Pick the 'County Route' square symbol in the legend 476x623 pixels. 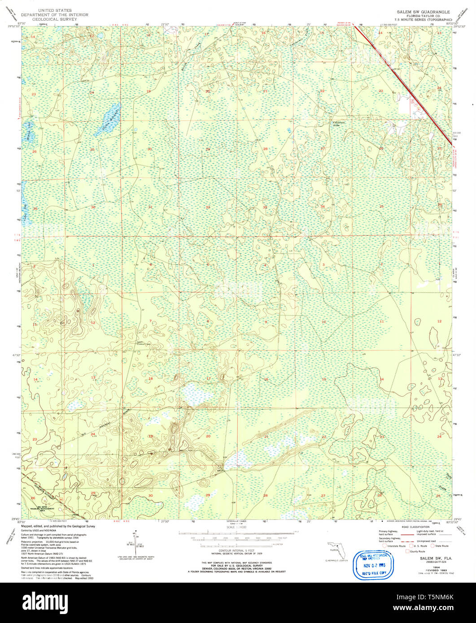(407, 551)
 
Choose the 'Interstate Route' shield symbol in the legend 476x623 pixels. (383, 546)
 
